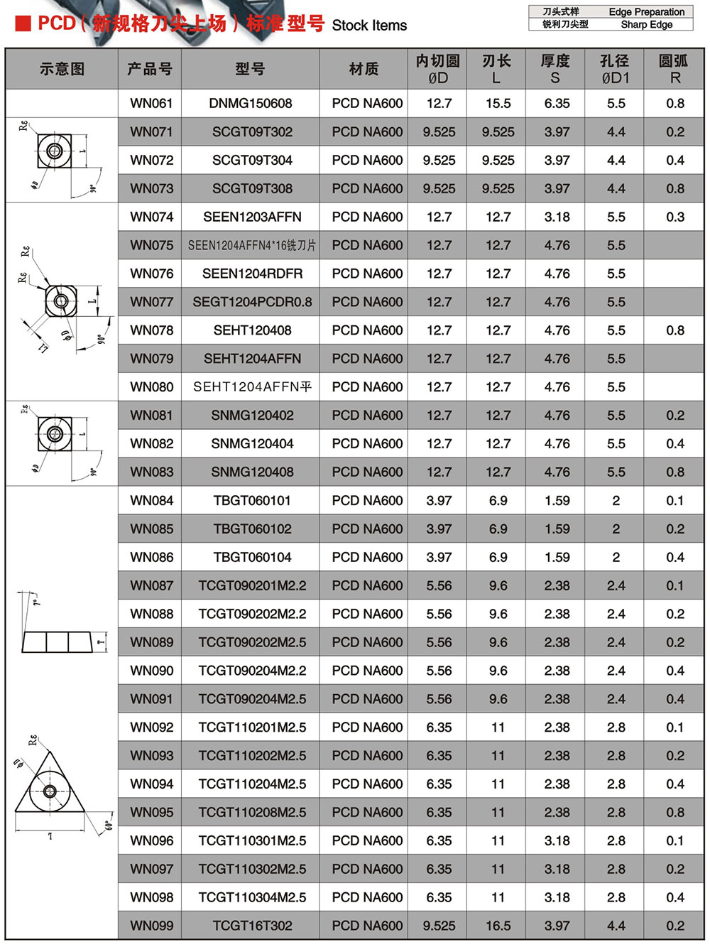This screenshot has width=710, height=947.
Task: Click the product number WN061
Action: pos(151,104)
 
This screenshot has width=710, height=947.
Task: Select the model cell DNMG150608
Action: pos(251,104)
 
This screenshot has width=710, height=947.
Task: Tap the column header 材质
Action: pos(364,69)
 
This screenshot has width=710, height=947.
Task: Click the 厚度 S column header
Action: pos(555,69)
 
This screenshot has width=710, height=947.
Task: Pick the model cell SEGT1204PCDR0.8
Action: pos(252,302)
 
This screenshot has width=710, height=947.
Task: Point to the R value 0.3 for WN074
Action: pos(675,217)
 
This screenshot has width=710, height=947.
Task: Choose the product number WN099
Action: pos(151,926)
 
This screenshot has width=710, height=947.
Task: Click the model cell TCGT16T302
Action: pos(252,926)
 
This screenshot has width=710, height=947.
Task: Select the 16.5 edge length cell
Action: pos(498,926)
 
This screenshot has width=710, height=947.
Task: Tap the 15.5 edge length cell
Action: pos(498,104)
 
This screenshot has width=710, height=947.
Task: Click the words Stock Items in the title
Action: pos(369,26)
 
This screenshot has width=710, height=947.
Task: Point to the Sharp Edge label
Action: pos(646,24)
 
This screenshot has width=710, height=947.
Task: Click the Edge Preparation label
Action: pos(646,12)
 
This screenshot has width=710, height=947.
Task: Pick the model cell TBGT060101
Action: pos(252,501)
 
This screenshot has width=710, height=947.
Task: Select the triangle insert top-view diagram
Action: pos(50,789)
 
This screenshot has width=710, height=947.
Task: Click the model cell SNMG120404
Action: pos(252,444)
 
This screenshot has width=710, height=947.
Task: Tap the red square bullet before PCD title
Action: pos(23,24)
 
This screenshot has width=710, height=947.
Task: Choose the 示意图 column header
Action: pos(62,69)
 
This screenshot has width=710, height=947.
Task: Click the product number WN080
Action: pos(151,387)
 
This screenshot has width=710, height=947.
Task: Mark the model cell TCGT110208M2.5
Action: pos(252,812)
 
